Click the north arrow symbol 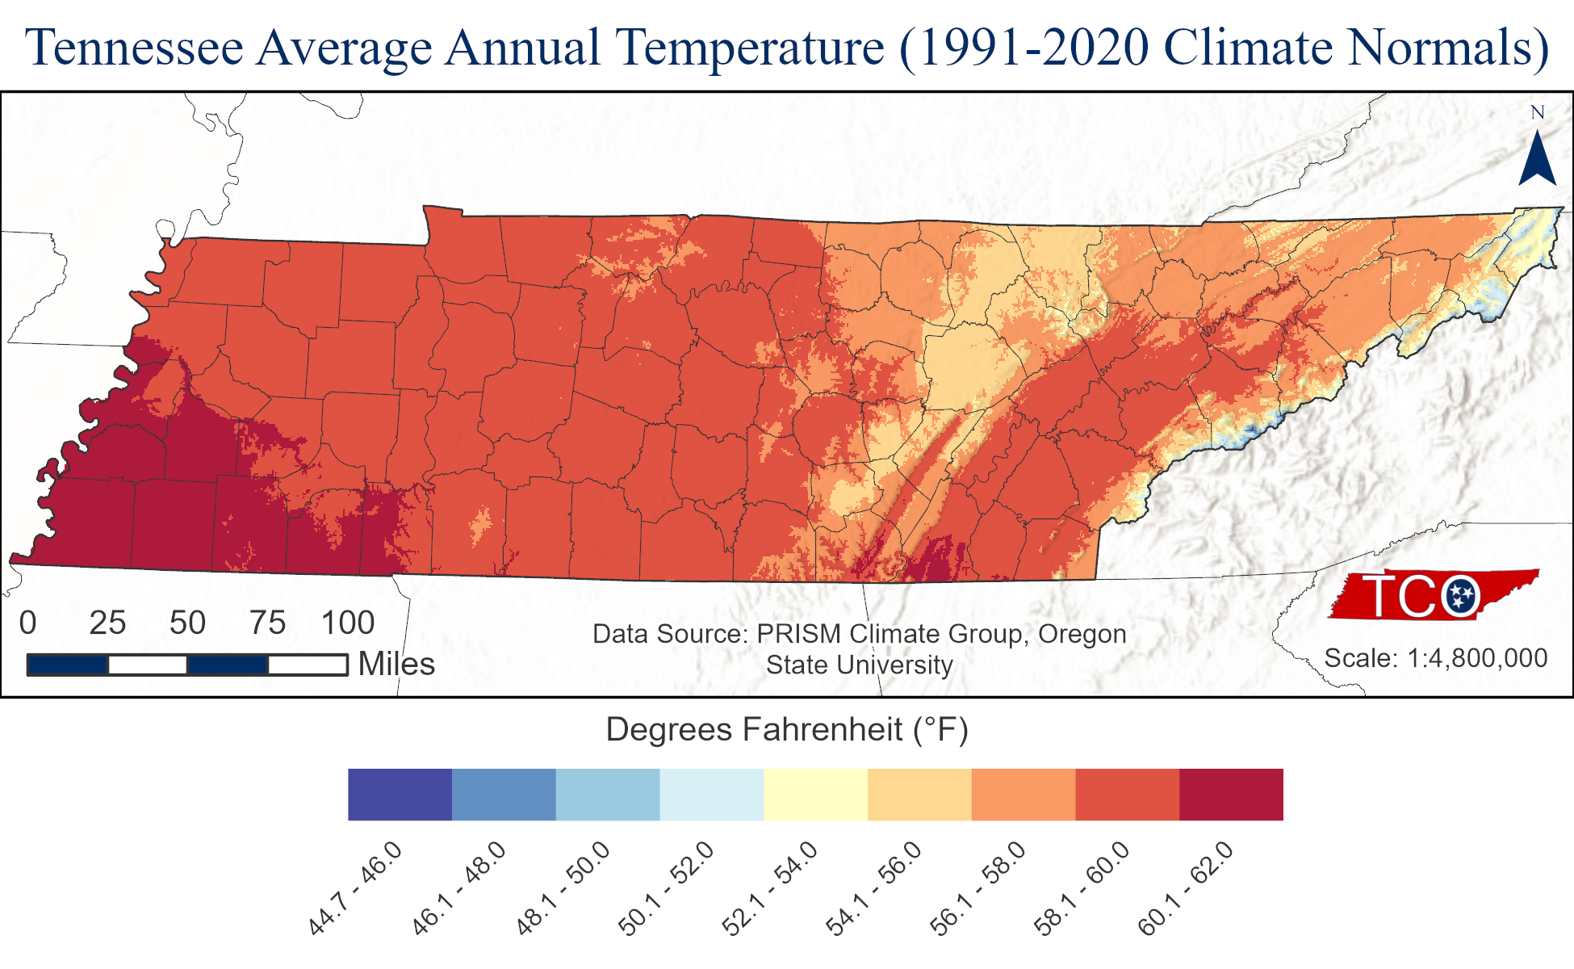pos(1537,158)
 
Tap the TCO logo pos(1434,596)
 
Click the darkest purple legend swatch pos(400,795)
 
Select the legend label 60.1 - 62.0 pos(1186,888)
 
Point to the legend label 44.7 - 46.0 pos(355,888)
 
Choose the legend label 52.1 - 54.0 pos(770,888)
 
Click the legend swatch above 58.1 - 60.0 pos(1127,795)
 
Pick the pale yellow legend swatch pos(815,795)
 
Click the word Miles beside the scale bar pos(396,665)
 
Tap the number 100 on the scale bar pos(348,623)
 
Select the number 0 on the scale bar pos(28,623)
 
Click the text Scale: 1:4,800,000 pos(1436,659)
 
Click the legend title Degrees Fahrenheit pos(787,730)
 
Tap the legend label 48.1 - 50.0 pos(563,888)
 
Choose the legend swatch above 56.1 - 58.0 pos(1024,795)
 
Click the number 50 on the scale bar pos(187,623)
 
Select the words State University pos(860,665)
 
